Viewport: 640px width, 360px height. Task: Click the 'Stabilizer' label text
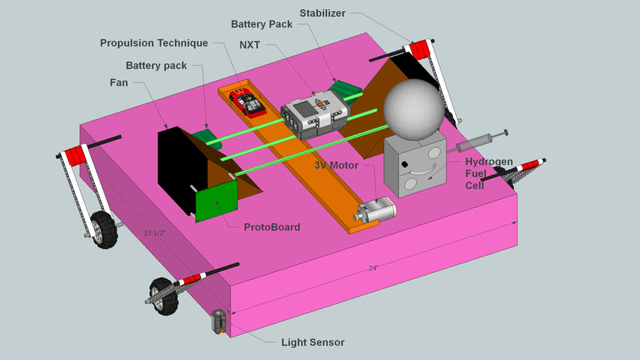[323, 13]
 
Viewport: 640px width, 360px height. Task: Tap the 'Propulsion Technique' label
[154, 43]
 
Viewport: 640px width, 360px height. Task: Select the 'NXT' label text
[250, 44]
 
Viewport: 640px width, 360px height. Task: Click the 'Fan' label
[119, 82]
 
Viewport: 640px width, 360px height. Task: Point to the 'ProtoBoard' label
[271, 227]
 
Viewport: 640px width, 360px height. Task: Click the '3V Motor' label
[336, 166]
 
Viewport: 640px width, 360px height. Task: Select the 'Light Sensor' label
[312, 342]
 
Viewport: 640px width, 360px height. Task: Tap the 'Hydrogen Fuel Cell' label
[489, 173]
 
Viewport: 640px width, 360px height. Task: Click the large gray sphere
[414, 108]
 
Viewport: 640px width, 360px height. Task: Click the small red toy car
[250, 105]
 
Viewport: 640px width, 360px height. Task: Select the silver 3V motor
[378, 210]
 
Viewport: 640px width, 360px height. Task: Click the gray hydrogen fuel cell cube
[414, 165]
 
